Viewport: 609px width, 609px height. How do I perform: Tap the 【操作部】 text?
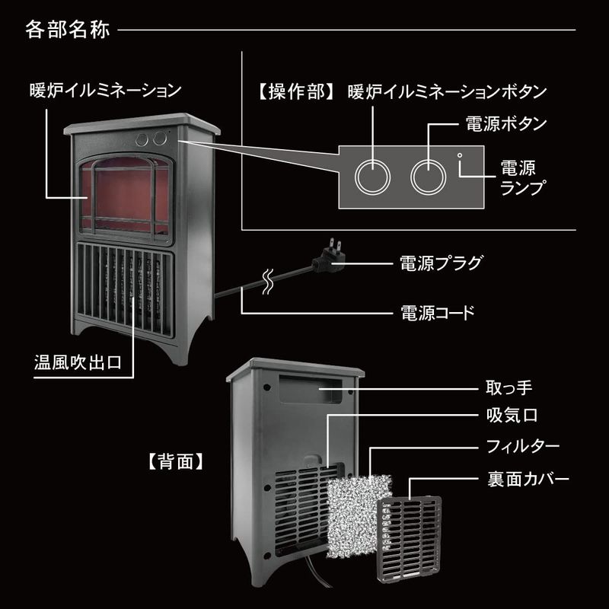(x=292, y=92)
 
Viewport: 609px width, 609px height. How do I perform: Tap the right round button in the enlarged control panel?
(x=427, y=176)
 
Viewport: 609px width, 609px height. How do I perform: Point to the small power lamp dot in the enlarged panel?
(x=459, y=156)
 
